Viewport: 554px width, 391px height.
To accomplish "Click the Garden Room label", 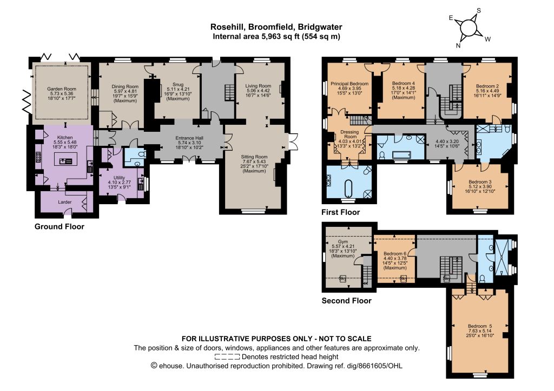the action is click(x=62, y=89).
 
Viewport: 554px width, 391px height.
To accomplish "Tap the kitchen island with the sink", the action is click(x=65, y=160).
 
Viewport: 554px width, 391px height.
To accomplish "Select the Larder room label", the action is click(x=65, y=202).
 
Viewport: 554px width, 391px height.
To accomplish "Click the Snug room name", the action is click(x=178, y=85).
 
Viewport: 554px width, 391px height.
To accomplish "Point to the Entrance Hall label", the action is click(x=189, y=138).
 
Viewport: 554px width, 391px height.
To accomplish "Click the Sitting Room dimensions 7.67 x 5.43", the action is click(x=254, y=161).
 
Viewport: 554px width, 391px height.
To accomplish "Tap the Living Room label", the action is click(x=258, y=86).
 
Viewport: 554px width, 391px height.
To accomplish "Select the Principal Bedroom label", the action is click(x=349, y=84).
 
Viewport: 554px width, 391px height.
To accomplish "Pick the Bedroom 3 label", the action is click(x=480, y=182).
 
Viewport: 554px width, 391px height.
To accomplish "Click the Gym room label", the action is click(x=342, y=242).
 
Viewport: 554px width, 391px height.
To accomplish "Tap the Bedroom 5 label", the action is click(x=480, y=326).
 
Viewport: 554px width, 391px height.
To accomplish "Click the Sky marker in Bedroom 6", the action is click(x=403, y=279).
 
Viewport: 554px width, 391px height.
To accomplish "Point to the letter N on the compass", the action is click(x=458, y=45).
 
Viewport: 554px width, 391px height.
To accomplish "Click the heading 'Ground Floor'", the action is click(x=60, y=227).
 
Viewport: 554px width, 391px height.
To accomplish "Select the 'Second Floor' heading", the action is click(x=347, y=301).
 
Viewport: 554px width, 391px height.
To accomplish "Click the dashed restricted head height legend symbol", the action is click(x=227, y=357).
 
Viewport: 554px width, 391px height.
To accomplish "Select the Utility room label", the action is click(x=119, y=178).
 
